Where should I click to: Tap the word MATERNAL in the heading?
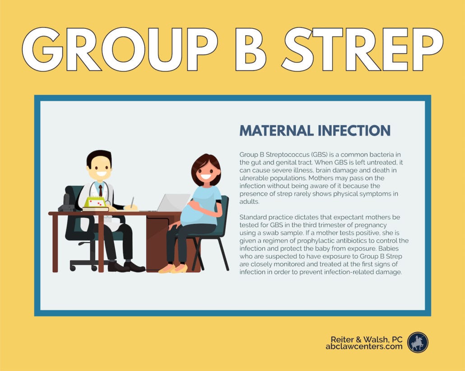(276, 131)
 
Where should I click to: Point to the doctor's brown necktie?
(101, 191)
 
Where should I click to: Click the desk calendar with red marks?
(96, 202)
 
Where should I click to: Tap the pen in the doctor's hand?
(132, 202)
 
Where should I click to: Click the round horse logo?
(418, 342)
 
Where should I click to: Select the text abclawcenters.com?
(364, 346)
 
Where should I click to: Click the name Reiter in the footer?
(341, 339)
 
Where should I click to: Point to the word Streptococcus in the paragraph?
(288, 155)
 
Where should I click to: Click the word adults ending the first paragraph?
(249, 202)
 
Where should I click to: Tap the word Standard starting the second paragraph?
(252, 217)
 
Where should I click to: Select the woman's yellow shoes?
(173, 269)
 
